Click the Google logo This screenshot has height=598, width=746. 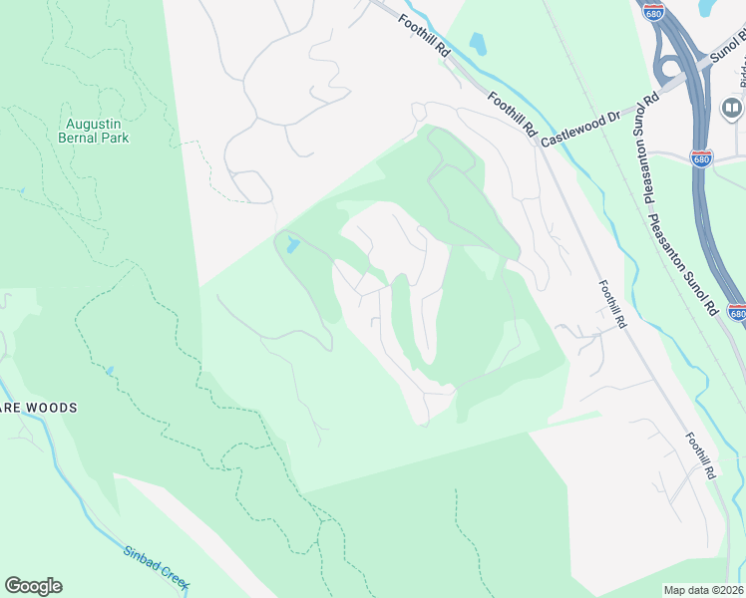33,586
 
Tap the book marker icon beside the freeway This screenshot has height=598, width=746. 732,107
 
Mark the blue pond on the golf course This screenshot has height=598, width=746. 289,244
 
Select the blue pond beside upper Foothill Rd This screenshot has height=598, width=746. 477,44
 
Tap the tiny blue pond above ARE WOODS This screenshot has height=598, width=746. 110,371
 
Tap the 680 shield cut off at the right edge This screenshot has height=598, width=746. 737,313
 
